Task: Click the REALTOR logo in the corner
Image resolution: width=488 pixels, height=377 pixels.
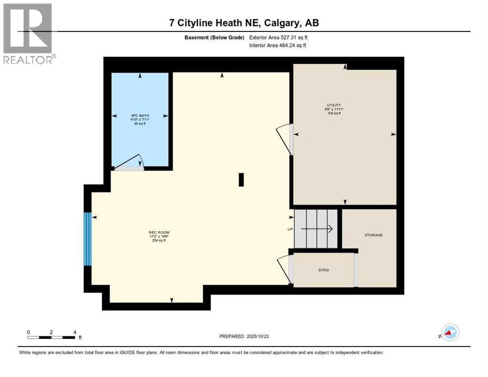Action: (x=28, y=33)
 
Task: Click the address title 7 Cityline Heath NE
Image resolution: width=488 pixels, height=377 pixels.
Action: (x=244, y=23)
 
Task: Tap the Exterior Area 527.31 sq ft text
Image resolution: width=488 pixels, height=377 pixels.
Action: (x=278, y=37)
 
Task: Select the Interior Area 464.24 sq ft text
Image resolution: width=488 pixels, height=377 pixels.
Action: (x=278, y=46)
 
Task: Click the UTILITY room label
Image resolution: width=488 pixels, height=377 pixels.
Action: (x=334, y=108)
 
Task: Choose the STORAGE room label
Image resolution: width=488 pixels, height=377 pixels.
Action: (x=373, y=235)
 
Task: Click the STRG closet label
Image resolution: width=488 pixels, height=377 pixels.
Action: (x=323, y=269)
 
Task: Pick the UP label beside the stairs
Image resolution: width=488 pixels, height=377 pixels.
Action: (x=290, y=229)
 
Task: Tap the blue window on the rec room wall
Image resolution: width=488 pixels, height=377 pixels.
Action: (x=87, y=239)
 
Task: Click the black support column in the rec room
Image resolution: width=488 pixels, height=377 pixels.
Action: (x=241, y=180)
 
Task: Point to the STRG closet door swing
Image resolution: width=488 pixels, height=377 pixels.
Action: (x=284, y=269)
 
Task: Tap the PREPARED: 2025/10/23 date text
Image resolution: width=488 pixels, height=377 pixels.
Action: (x=244, y=336)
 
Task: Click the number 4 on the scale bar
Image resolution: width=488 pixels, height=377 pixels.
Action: (x=75, y=332)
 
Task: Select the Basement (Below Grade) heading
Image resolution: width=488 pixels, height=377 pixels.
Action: (x=215, y=37)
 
